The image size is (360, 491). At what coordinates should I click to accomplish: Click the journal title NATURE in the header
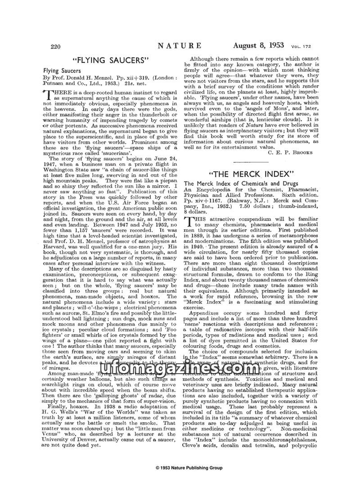click(x=180, y=45)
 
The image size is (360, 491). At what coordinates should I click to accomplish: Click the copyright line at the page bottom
click(x=180, y=481)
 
